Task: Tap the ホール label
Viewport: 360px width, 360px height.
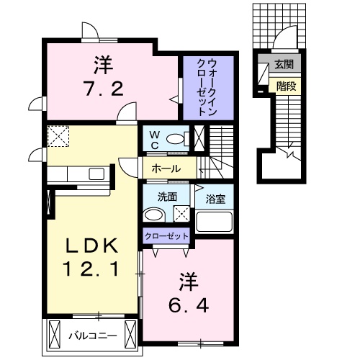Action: pyautogui.click(x=166, y=169)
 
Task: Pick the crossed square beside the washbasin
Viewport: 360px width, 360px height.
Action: pyautogui.click(x=181, y=213)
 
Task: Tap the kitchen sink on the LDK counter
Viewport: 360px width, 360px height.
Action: pyautogui.click(x=96, y=173)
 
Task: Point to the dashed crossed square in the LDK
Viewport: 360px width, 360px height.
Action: pyautogui.click(x=57, y=135)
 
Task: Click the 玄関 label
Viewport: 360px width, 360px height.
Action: pyautogui.click(x=283, y=65)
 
